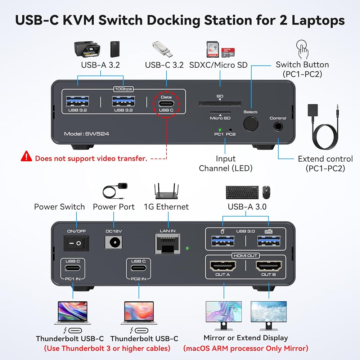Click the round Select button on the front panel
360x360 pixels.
click(x=251, y=123)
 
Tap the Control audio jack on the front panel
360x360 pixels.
click(x=278, y=126)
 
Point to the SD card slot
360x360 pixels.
click(x=220, y=103)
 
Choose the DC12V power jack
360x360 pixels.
click(x=113, y=242)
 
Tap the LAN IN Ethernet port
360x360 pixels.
click(x=167, y=244)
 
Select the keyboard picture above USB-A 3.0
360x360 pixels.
click(x=242, y=192)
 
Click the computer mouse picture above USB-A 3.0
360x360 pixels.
click(x=266, y=193)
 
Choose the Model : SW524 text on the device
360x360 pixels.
click(x=86, y=134)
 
